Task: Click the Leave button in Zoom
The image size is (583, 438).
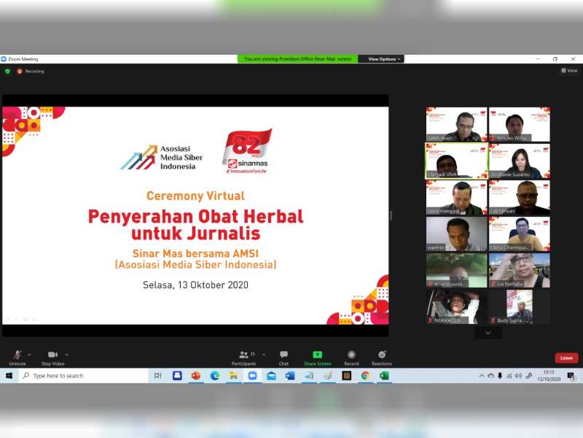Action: pyautogui.click(x=566, y=358)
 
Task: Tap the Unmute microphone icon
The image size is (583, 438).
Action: pyautogui.click(x=17, y=355)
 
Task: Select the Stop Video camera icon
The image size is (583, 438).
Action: pyautogui.click(x=52, y=355)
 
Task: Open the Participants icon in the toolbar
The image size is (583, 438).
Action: pyautogui.click(x=244, y=355)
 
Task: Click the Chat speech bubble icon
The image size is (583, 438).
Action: pyautogui.click(x=283, y=355)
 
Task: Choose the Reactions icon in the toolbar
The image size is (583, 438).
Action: pyautogui.click(x=382, y=355)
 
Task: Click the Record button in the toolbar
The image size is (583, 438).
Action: pyautogui.click(x=351, y=355)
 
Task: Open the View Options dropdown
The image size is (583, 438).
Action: pyautogui.click(x=383, y=59)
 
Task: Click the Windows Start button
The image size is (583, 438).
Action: pyautogui.click(x=9, y=376)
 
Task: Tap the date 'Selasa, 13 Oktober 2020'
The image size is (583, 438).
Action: pyautogui.click(x=195, y=285)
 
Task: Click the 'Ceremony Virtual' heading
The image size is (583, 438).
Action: pyautogui.click(x=195, y=196)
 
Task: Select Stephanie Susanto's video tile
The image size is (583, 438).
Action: pyautogui.click(x=519, y=161)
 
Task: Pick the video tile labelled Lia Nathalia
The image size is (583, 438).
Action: pyautogui.click(x=519, y=270)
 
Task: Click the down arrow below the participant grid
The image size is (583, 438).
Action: pyautogui.click(x=488, y=333)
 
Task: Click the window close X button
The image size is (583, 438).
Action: pyautogui.click(x=571, y=59)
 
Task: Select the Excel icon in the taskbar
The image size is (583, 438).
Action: pyautogui.click(x=384, y=376)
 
